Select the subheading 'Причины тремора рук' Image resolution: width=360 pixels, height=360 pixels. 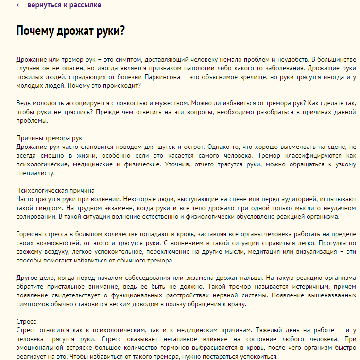click(50, 138)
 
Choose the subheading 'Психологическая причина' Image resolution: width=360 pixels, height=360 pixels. click(55, 190)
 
